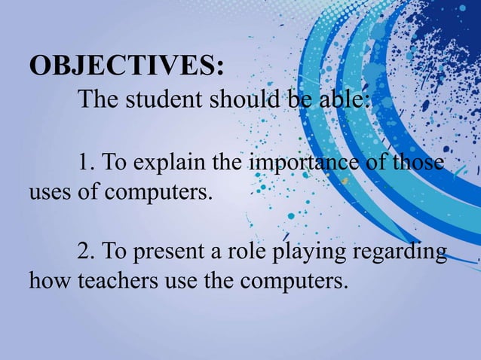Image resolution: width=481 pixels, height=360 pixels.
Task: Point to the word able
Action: click(x=339, y=99)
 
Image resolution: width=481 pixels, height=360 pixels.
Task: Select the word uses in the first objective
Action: click(x=50, y=191)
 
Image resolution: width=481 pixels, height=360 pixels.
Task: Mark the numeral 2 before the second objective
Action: click(x=83, y=252)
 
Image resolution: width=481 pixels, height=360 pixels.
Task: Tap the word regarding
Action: click(x=400, y=252)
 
